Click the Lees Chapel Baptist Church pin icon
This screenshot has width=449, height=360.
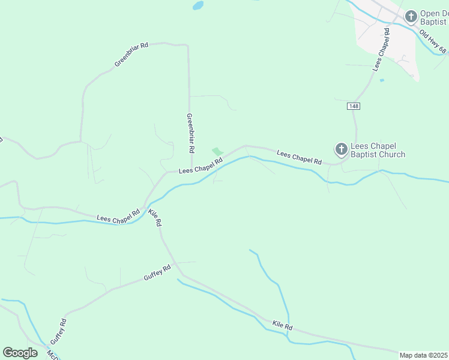341,149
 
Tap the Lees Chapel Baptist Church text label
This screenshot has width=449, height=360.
378,150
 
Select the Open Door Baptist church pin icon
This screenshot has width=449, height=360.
411,16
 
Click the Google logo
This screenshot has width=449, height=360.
20,352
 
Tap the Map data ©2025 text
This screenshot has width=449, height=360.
424,355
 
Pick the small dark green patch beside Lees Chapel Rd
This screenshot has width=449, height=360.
217,151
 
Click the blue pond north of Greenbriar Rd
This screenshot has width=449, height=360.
197,5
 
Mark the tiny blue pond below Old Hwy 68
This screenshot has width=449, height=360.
382,80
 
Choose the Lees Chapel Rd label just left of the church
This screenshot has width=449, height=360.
299,158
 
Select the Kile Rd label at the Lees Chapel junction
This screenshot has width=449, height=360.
155,218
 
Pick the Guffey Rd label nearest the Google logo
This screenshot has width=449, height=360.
62,331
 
